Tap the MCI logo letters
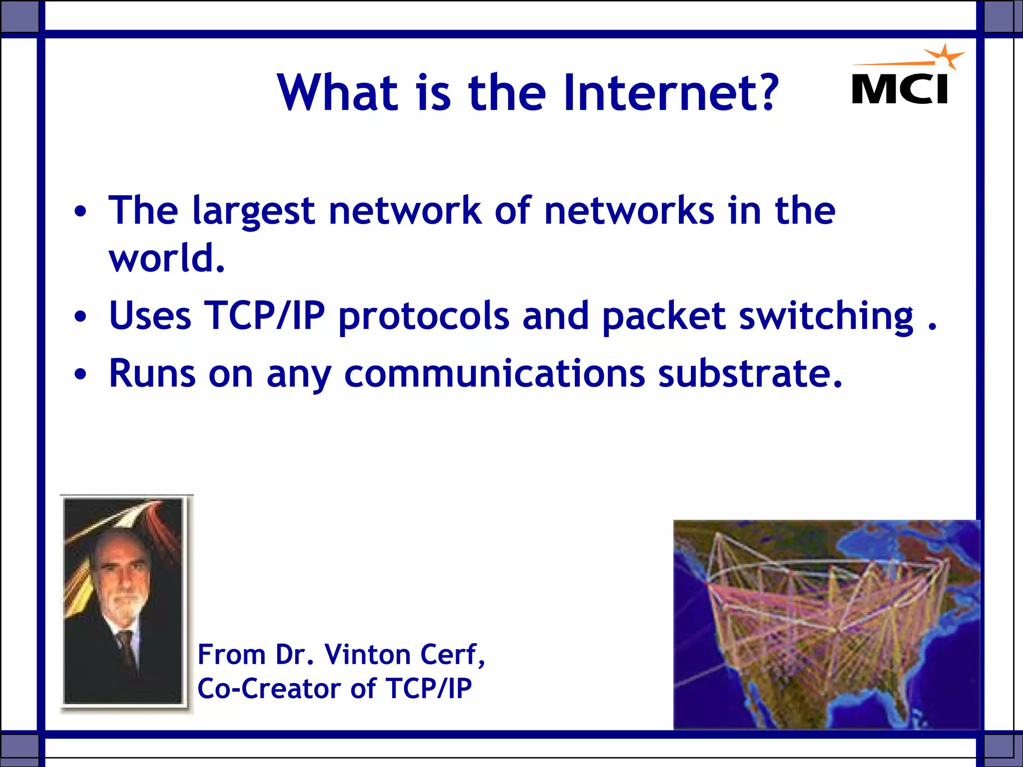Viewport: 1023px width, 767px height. pos(900,89)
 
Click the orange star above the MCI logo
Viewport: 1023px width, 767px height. pos(944,57)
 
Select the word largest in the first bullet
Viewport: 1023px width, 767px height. pos(253,211)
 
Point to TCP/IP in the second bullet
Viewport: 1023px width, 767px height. pos(264,316)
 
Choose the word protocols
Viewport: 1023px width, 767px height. pos(424,317)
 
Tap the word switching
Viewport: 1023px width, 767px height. pos(826,317)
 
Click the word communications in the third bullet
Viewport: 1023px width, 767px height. pos(495,374)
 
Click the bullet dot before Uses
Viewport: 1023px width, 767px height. pos(80,317)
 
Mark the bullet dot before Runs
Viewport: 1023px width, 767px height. pos(80,374)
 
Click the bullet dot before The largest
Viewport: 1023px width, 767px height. pos(80,212)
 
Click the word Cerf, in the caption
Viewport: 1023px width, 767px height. pos(453,655)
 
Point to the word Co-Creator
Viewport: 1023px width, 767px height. pos(270,689)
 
